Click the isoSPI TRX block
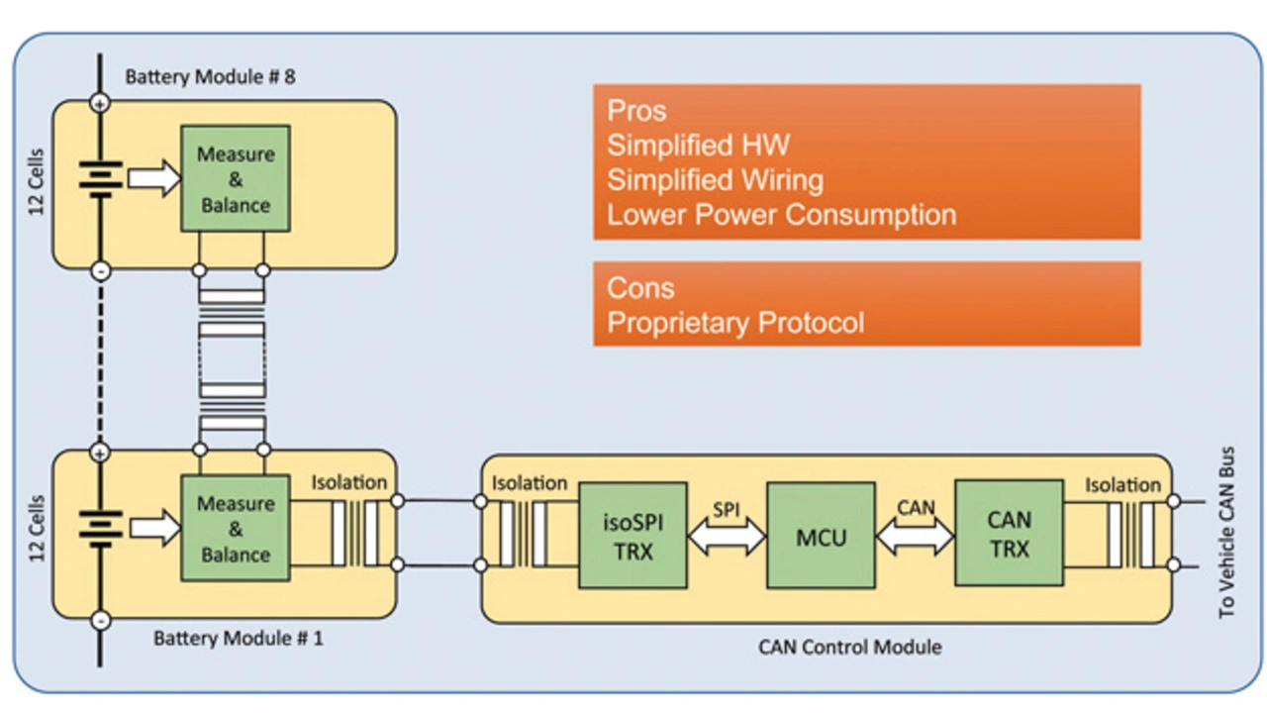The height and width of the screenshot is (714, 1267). point(633,535)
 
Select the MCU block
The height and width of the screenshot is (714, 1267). point(821,535)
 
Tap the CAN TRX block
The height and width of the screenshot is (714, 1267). point(1009,533)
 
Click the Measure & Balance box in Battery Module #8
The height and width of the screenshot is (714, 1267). point(236,179)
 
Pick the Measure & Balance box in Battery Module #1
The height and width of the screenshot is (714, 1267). point(236,529)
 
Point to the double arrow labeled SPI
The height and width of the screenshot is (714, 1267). point(727,536)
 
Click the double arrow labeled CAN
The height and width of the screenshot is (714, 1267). point(915,536)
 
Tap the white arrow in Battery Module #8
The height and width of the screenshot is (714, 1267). point(153,178)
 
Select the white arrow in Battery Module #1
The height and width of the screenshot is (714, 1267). point(155,528)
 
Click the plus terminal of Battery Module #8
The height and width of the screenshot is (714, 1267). point(100,104)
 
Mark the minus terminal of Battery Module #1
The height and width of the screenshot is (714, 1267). point(100,621)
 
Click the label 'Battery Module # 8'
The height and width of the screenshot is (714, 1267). point(210,77)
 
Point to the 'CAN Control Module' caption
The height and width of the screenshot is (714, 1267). point(849,647)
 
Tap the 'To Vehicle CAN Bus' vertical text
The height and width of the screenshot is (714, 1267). point(1226,533)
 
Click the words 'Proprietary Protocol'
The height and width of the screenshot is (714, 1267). point(735,323)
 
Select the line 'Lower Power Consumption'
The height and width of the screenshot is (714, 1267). point(782,215)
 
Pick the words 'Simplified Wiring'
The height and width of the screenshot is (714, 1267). point(715,180)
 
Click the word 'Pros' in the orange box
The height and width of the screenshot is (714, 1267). point(636,110)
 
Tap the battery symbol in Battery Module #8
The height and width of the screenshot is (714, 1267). point(100,179)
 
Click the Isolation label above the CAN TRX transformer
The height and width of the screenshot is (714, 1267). point(1122,485)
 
